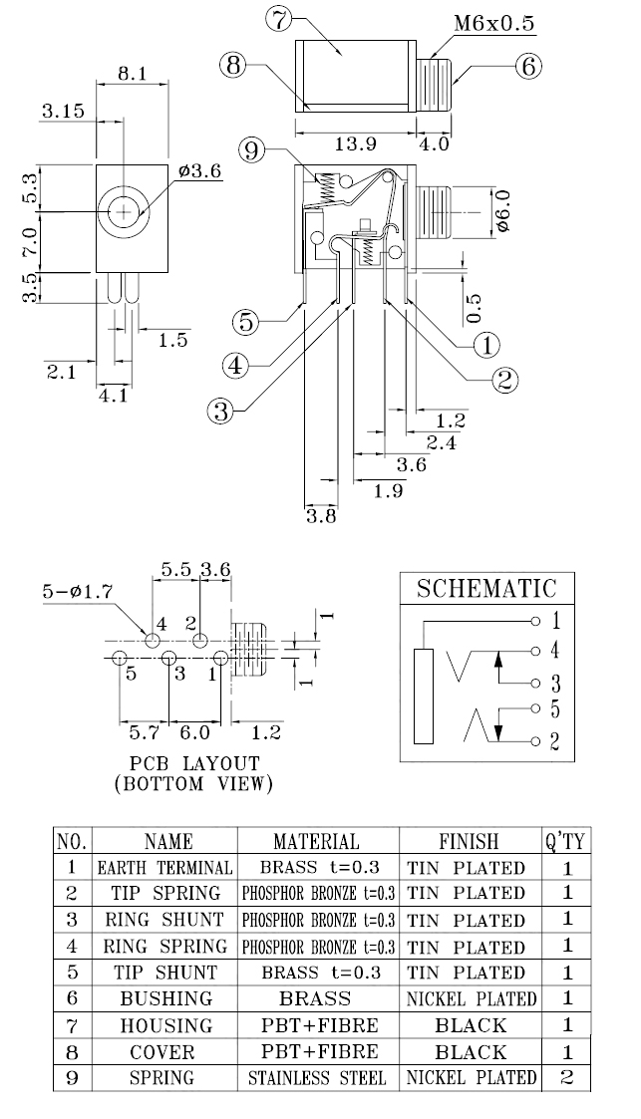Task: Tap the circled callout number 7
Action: point(278,18)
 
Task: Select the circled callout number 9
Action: point(254,151)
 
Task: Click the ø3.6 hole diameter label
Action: point(200,171)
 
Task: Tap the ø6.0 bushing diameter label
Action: point(502,211)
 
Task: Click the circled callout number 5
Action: point(246,323)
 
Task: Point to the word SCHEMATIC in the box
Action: point(487,588)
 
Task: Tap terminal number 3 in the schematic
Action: point(556,684)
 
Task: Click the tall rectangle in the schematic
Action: point(424,696)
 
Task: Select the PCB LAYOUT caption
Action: point(194,763)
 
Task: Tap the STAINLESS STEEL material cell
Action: point(316,1078)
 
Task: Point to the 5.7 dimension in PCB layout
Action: point(145,732)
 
